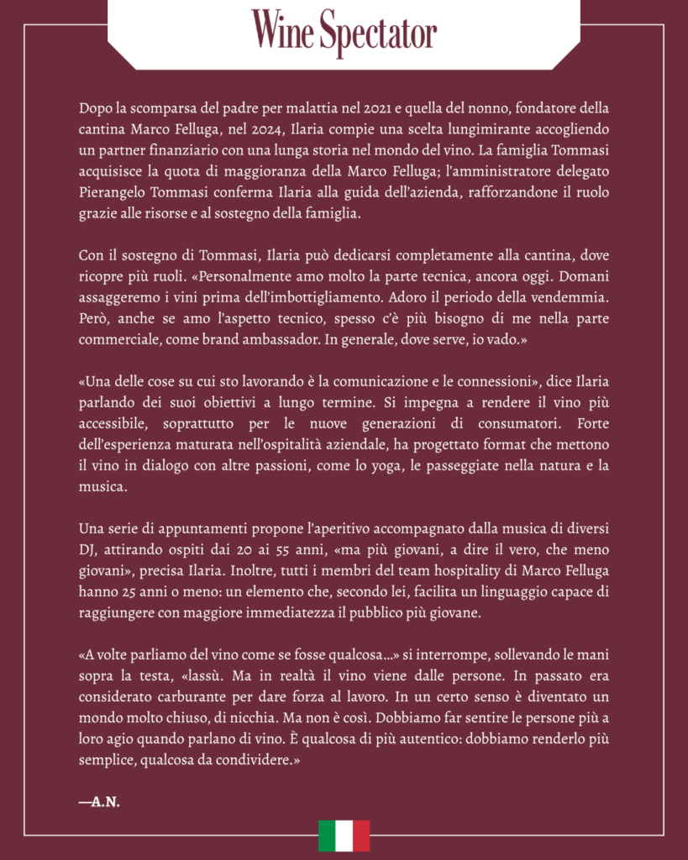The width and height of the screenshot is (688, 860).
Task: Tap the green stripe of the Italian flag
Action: [326, 835]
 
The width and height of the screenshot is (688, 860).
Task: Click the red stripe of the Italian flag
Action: [361, 835]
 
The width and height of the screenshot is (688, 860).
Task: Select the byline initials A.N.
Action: [99, 801]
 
